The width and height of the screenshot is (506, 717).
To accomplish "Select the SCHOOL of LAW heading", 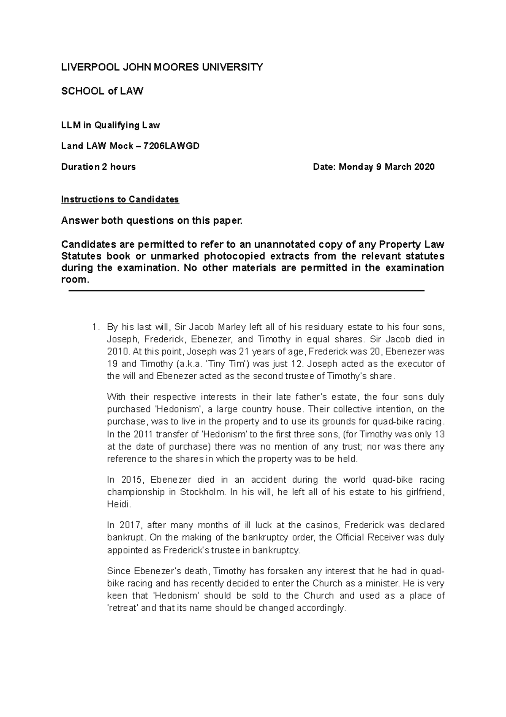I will coord(102,91).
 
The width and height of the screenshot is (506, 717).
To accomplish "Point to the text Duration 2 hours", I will coord(98,167).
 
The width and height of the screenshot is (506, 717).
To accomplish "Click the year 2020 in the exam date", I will coord(424,167).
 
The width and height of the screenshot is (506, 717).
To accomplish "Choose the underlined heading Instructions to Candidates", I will coord(120,199).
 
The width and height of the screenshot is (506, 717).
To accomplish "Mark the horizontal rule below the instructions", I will coord(246,291).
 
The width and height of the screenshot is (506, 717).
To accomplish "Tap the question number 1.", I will coord(95,327).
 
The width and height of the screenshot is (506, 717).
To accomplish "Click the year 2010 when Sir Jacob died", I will coord(118,352).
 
